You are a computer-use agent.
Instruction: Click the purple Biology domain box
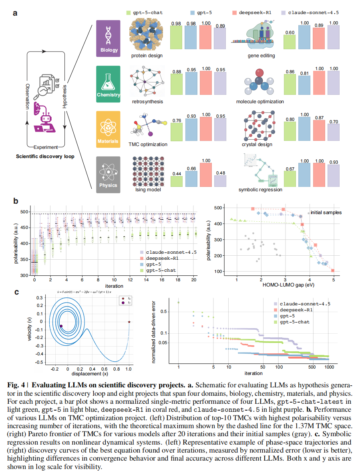pos(108,38)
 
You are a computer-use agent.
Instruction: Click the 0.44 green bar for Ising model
pos(177,181)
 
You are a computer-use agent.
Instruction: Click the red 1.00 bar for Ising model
pos(205,174)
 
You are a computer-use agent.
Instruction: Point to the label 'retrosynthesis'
pos(147,102)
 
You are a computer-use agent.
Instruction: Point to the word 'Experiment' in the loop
pos(46,147)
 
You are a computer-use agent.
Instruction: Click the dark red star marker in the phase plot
pos(129,321)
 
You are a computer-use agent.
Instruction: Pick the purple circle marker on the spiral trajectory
pos(61,326)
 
